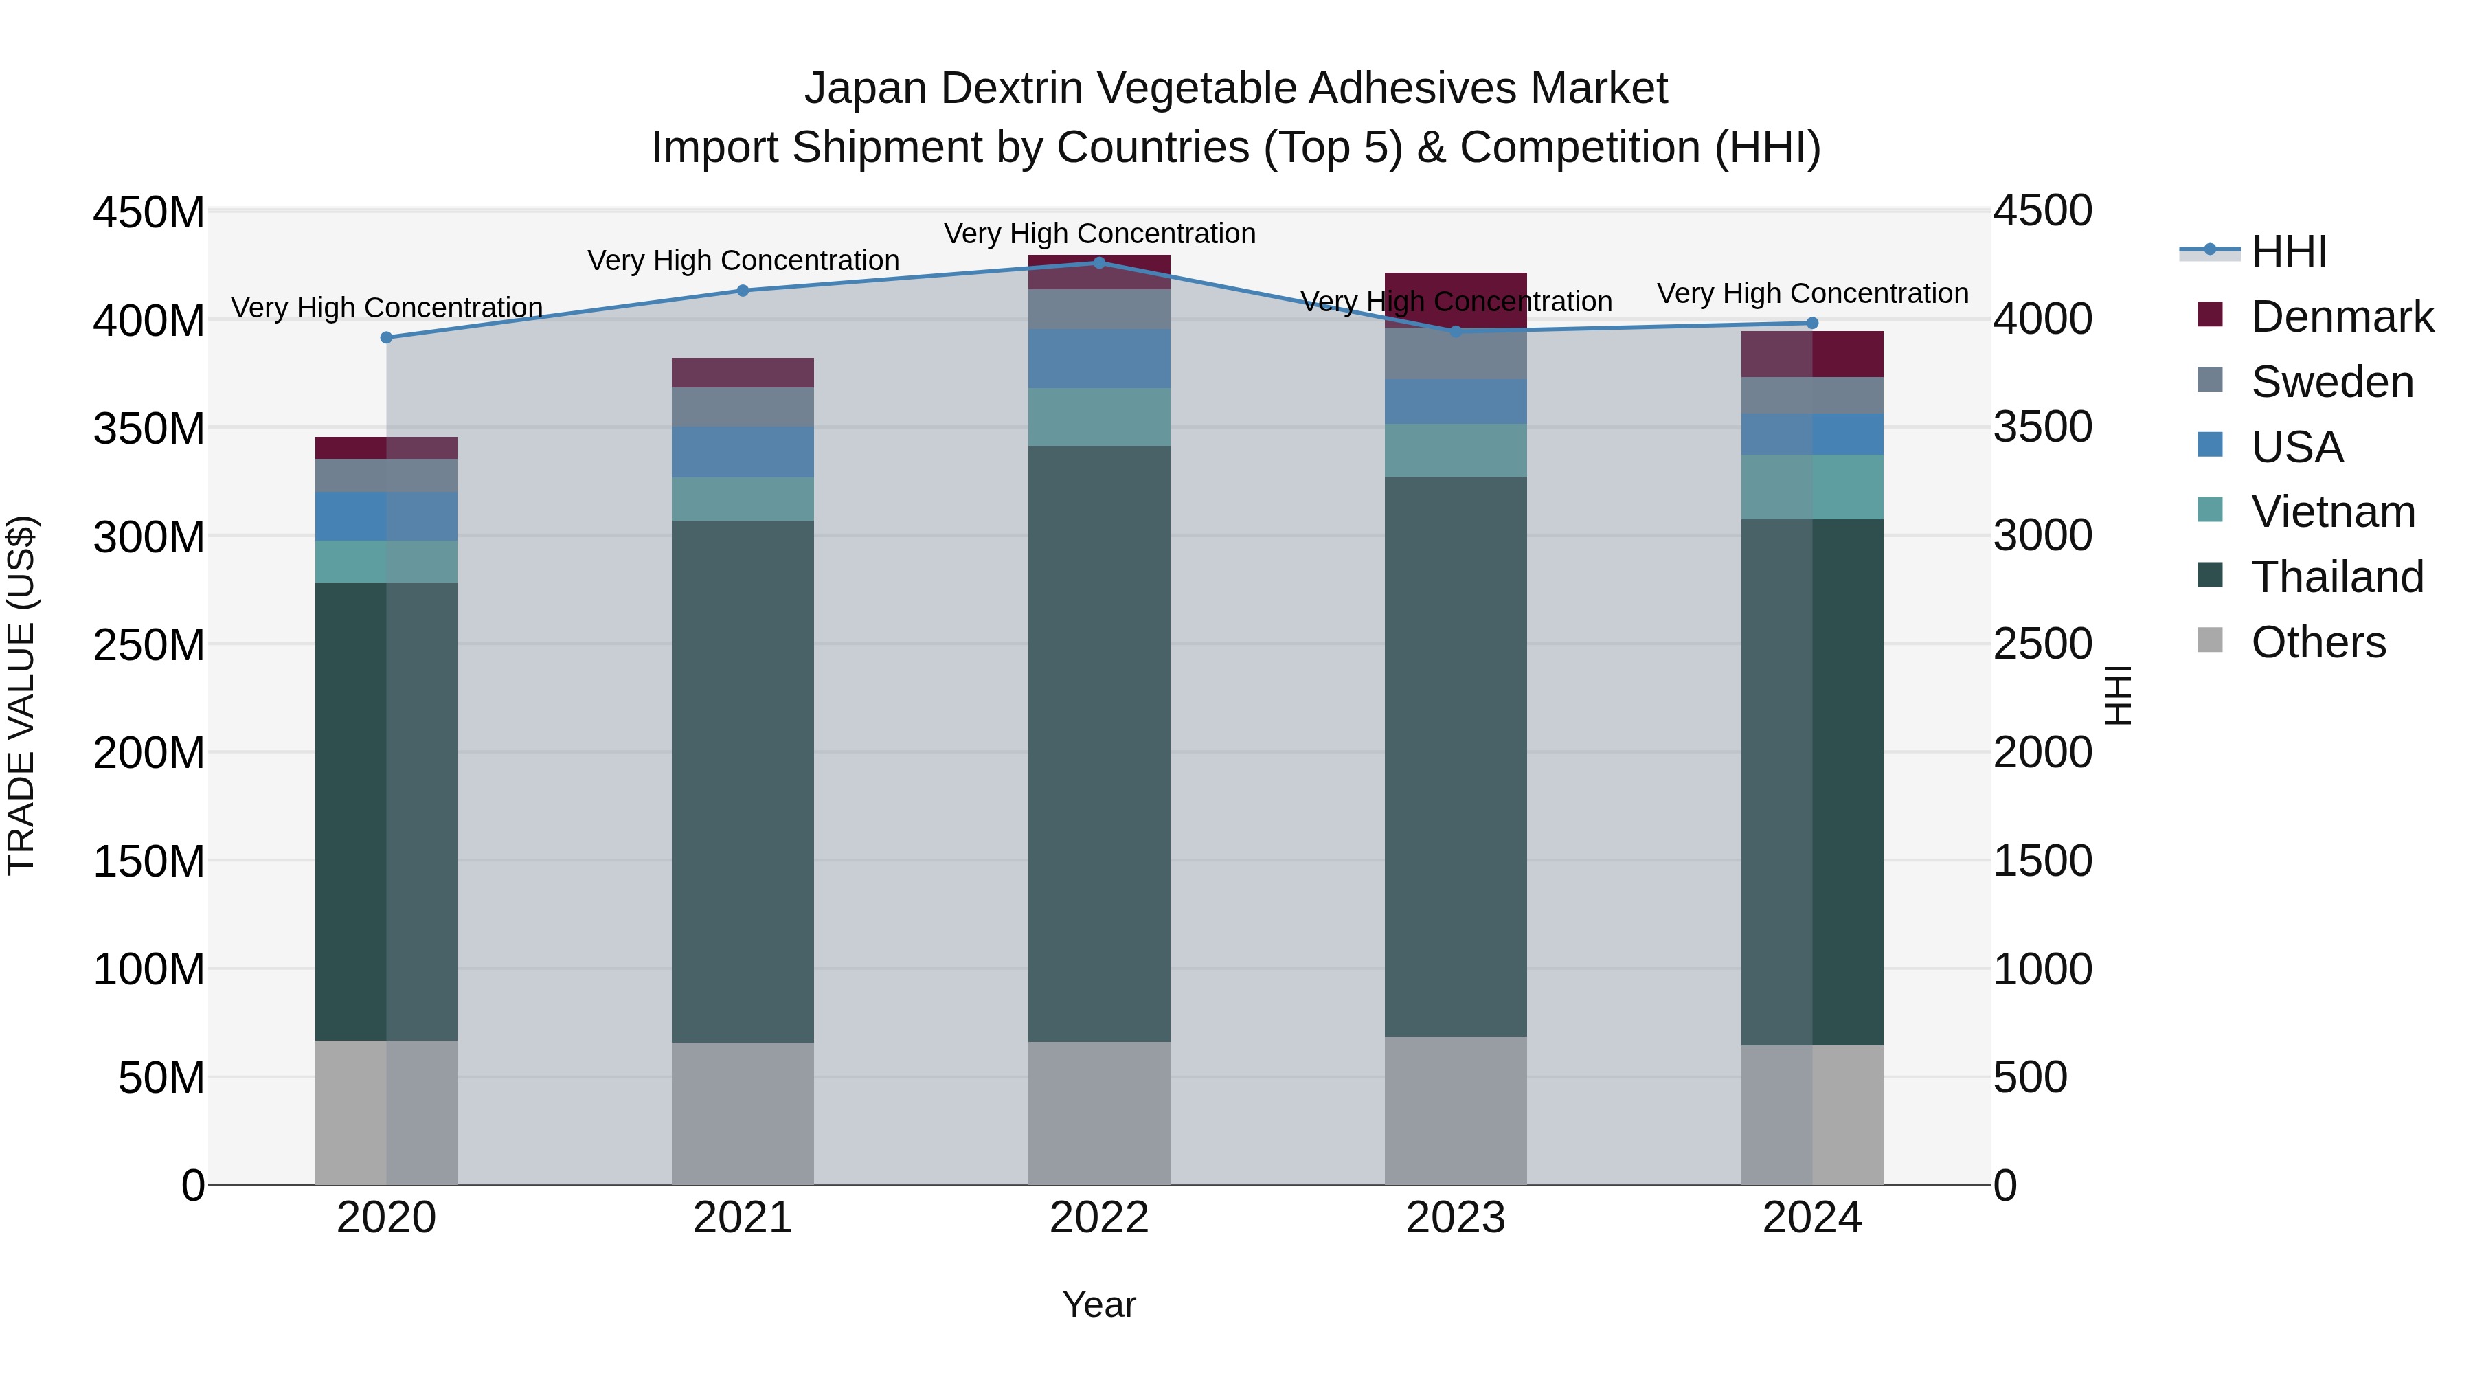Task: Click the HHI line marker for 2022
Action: click(x=1099, y=263)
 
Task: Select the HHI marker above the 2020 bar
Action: click(x=386, y=338)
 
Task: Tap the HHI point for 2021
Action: click(x=742, y=291)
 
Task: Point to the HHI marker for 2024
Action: click(x=1811, y=324)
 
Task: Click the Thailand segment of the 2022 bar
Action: click(x=1099, y=744)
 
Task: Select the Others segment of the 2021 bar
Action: click(x=742, y=1113)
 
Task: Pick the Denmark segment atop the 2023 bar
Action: click(x=1456, y=299)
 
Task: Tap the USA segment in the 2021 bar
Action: click(x=742, y=452)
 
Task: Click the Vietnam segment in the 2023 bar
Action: click(x=1456, y=450)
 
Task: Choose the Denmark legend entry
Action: click(x=2342, y=317)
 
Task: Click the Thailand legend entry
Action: click(x=2337, y=577)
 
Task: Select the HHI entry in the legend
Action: click(x=2289, y=251)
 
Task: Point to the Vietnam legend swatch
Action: click(x=2210, y=510)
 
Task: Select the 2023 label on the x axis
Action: click(x=1456, y=1218)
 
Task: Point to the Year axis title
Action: click(x=1099, y=1304)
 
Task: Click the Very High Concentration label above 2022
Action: click(x=1099, y=234)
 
